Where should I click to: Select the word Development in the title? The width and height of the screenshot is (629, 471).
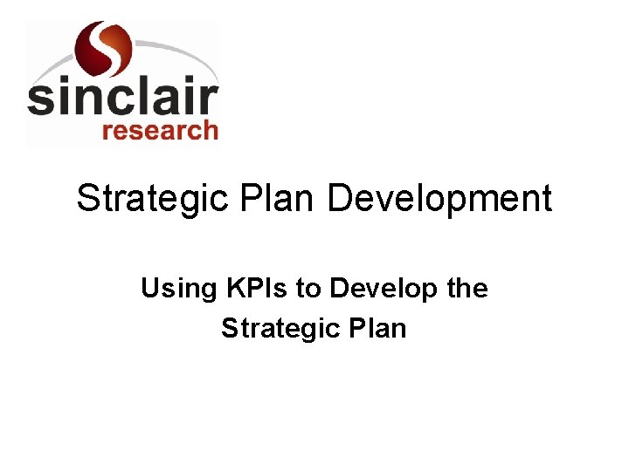point(439,199)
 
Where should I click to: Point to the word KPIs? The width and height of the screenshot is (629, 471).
point(249,288)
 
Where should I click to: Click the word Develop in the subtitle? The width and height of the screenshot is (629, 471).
point(376,289)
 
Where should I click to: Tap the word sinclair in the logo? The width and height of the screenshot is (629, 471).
point(122,98)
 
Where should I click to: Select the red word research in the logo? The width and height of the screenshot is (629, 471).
point(160,131)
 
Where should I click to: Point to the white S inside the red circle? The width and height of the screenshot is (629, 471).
point(103,48)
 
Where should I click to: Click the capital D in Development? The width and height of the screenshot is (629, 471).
point(339,199)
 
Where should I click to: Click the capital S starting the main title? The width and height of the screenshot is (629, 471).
point(87,199)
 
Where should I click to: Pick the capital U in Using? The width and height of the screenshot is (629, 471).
point(149,288)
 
